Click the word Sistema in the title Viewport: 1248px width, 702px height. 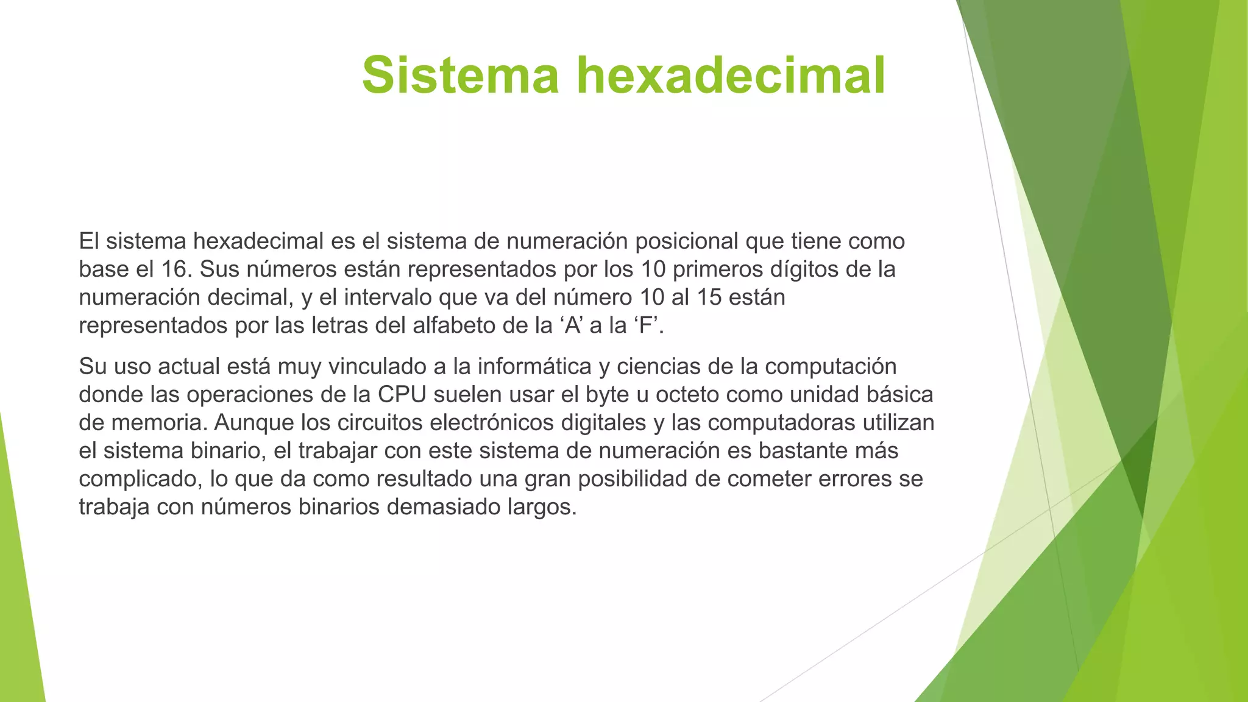tap(460, 75)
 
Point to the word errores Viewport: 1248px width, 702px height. tap(854, 479)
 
